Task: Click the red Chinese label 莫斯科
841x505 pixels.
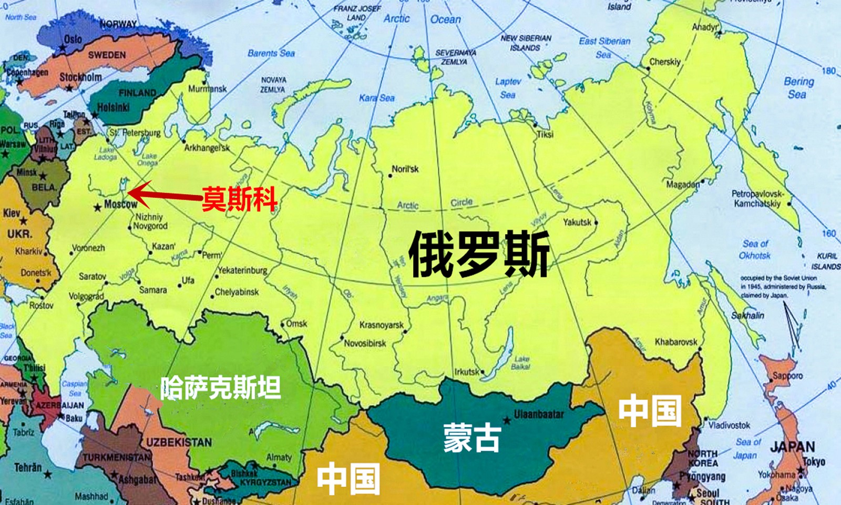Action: (x=239, y=198)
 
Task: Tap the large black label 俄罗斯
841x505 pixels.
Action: (x=479, y=254)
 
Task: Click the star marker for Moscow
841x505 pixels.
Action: (x=97, y=208)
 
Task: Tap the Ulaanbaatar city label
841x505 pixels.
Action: (x=538, y=415)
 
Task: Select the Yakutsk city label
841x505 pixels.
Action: (x=577, y=222)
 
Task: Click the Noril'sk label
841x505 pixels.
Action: (x=405, y=169)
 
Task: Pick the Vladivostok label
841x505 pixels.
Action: (x=729, y=425)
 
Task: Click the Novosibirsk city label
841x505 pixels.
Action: (x=365, y=344)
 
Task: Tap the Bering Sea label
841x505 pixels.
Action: (x=798, y=88)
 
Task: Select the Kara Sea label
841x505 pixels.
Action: (x=376, y=98)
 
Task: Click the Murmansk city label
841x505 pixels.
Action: (x=208, y=88)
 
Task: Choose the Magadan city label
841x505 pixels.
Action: (x=683, y=185)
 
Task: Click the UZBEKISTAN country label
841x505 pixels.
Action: (x=179, y=442)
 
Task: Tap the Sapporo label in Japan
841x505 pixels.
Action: (x=787, y=376)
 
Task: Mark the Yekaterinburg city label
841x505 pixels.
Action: (x=242, y=270)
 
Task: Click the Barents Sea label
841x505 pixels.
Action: (x=271, y=53)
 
